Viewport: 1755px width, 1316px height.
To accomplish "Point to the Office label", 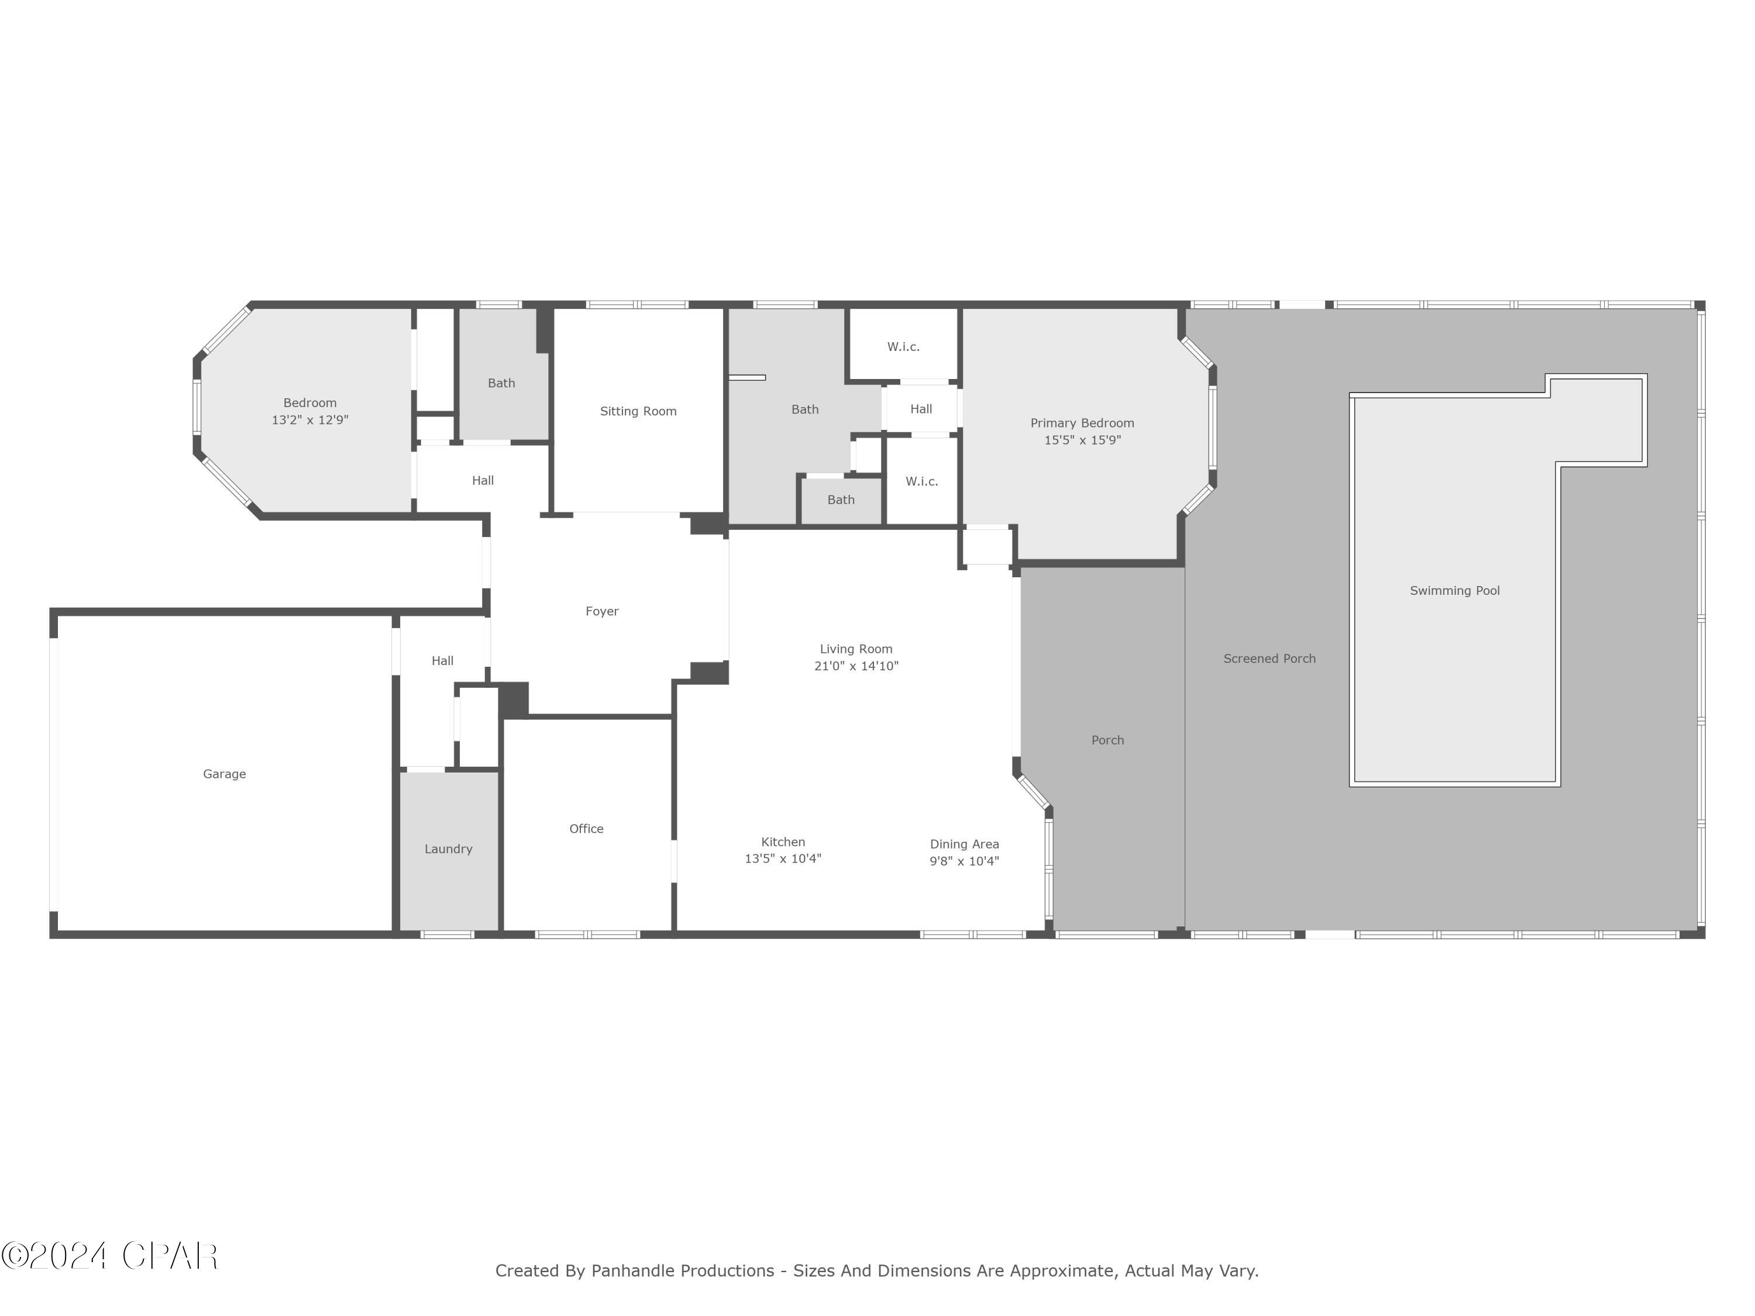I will click(586, 828).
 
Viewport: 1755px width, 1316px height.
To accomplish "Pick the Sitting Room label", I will click(638, 411).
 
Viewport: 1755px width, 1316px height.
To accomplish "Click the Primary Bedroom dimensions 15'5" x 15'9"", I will click(1082, 440).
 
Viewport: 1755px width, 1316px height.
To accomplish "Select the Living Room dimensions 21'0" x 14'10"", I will click(856, 666).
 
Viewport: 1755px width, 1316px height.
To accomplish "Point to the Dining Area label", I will click(964, 844).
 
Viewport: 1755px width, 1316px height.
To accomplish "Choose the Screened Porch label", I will click(1269, 659).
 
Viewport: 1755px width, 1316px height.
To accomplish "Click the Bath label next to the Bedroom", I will click(501, 383).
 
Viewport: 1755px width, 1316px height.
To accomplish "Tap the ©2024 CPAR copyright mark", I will click(109, 1256).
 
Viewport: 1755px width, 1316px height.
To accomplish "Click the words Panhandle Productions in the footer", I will click(682, 1271).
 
